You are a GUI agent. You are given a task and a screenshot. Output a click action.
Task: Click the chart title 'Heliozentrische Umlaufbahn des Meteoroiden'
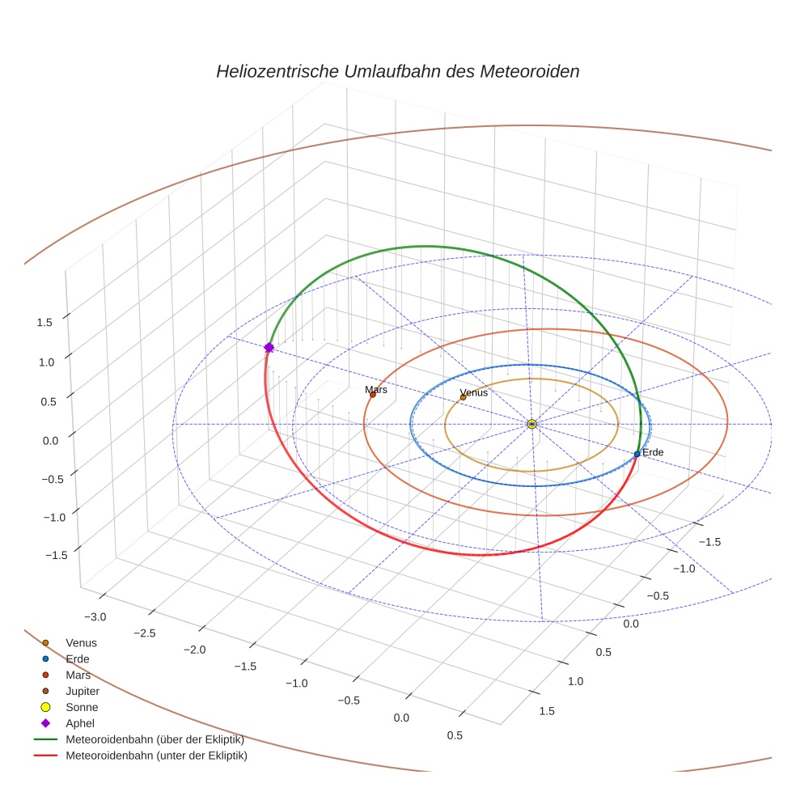[397, 71]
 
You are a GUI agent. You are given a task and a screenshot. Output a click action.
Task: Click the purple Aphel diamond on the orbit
[269, 347]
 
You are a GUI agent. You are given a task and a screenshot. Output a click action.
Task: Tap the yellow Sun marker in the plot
[531, 424]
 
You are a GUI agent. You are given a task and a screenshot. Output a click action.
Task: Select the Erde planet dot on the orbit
[637, 454]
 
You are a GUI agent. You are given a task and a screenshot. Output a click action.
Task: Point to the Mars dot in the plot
[372, 394]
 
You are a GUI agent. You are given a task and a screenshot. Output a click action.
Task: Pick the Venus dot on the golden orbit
[463, 397]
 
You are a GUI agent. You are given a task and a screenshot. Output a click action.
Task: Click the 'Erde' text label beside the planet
[653, 451]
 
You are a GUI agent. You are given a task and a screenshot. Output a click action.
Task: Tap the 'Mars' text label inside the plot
[376, 389]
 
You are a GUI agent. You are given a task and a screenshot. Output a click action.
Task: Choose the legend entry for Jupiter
[83, 691]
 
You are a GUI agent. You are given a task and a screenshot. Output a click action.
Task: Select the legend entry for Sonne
[82, 707]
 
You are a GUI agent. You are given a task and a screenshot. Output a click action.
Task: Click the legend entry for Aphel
[81, 723]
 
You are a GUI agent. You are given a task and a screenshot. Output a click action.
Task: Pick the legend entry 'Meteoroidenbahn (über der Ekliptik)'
[155, 739]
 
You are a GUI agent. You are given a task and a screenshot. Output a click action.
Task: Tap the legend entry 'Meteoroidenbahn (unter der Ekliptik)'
[156, 756]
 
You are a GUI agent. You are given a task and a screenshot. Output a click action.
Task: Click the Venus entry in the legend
[81, 642]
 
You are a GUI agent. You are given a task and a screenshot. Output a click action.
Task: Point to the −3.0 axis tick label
[94, 617]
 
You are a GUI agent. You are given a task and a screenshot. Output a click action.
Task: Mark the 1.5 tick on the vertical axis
[44, 322]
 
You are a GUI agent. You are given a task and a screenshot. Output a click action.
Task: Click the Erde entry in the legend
[78, 658]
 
